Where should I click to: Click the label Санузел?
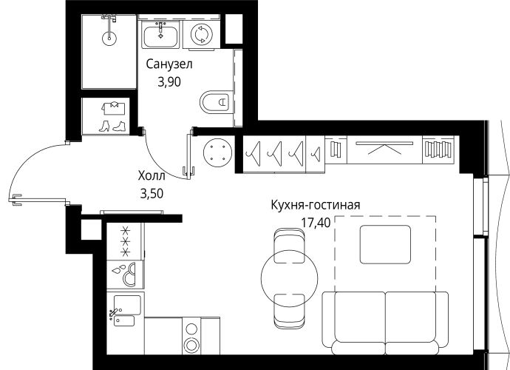(x=169, y=64)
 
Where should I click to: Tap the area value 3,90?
(x=169, y=82)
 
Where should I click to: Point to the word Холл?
(x=152, y=176)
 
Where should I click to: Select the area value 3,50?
(x=152, y=193)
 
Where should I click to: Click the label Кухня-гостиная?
(x=316, y=205)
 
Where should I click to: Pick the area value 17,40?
(x=316, y=223)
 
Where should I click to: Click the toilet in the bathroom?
(x=215, y=101)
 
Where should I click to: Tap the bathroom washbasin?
(x=160, y=35)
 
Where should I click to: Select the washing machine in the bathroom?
(x=202, y=35)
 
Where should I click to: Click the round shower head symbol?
(x=109, y=38)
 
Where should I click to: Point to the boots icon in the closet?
(x=112, y=126)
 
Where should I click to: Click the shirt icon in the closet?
(x=114, y=108)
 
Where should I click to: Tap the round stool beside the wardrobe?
(x=217, y=152)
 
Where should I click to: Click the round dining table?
(x=289, y=277)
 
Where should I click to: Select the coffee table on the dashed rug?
(x=385, y=244)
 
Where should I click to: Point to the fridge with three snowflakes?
(x=125, y=241)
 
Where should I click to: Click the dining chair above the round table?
(x=289, y=245)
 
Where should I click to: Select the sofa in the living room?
(x=385, y=323)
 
